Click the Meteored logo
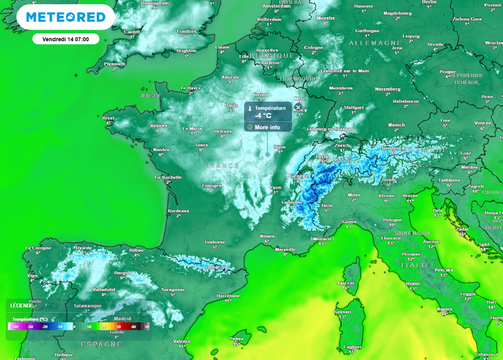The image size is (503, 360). click(65, 17)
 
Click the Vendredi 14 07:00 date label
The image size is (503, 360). click(65, 39)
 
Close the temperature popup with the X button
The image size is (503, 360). click(298, 107)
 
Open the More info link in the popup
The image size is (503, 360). click(267, 127)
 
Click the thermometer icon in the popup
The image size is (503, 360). click(250, 108)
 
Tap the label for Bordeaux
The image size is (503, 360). click(178, 211)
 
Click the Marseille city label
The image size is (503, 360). click(285, 249)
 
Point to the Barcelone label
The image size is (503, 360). click(228, 296)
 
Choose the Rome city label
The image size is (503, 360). click(413, 283)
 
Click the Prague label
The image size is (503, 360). click(447, 72)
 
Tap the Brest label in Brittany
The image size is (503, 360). click(108, 118)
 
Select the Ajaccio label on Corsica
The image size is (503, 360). click(345, 283)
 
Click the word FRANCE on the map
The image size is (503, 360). click(222, 166)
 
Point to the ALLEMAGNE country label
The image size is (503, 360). click(375, 43)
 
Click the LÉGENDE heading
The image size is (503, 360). click(21, 305)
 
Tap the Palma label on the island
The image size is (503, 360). click(236, 338)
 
